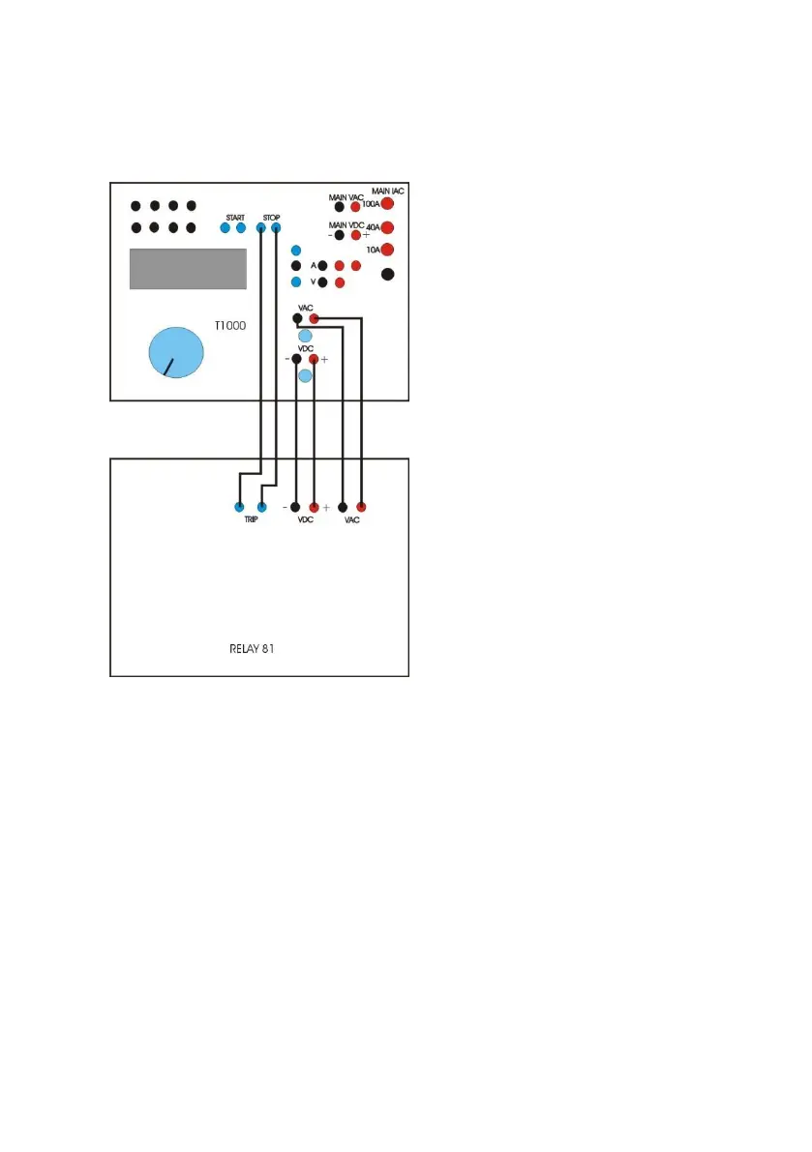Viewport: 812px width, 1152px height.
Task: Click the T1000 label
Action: [230, 327]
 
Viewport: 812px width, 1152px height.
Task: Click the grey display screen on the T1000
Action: [188, 268]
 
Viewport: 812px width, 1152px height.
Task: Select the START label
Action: [235, 217]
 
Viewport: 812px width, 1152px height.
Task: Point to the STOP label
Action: [271, 217]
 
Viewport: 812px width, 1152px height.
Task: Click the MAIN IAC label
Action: [387, 191]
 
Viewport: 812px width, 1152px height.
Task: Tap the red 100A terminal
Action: [387, 205]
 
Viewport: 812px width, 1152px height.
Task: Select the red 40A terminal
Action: [387, 228]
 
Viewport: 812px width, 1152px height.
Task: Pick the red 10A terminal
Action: [387, 251]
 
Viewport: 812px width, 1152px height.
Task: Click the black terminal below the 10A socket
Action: [388, 275]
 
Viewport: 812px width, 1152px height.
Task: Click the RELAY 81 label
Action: [246, 649]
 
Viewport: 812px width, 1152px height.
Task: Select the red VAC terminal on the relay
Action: [361, 506]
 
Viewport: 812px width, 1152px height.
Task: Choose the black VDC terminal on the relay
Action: [296, 506]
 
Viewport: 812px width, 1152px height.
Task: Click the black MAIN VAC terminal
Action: [340, 207]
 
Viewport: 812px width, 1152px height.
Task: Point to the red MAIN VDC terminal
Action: [356, 235]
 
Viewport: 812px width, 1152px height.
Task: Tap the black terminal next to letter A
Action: [323, 265]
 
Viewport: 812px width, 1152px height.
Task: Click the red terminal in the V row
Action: [340, 282]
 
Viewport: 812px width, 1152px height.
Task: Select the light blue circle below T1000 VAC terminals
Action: [305, 336]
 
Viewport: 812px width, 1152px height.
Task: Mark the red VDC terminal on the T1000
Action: [314, 359]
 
